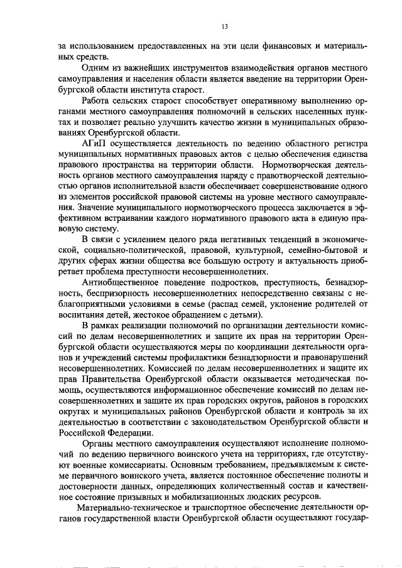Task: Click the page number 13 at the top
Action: coord(224,26)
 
